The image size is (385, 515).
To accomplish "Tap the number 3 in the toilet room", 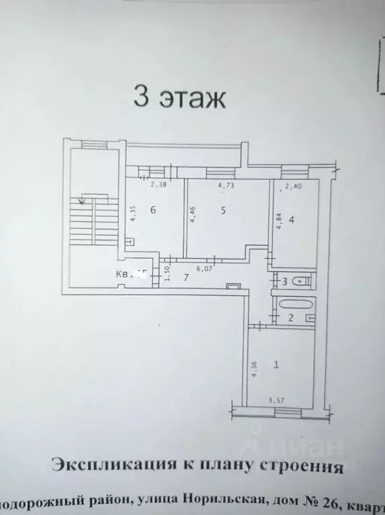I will click(x=284, y=281).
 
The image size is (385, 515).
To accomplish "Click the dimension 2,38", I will click(x=158, y=185).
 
